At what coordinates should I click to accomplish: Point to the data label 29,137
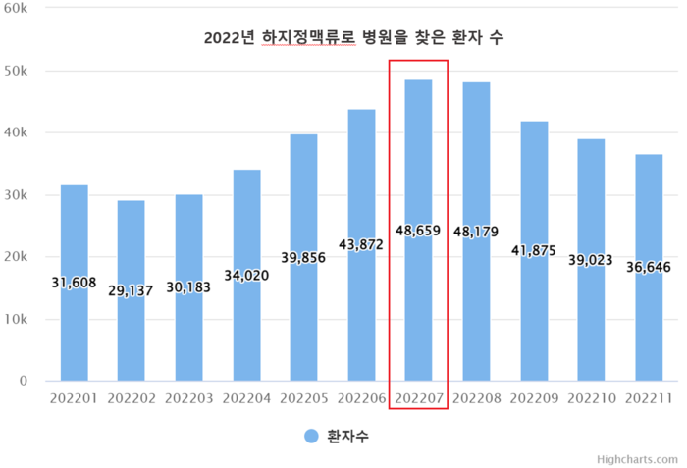click(132, 290)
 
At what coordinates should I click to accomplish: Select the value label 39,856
click(303, 257)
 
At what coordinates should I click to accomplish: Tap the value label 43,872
click(361, 244)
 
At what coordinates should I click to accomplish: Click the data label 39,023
click(591, 260)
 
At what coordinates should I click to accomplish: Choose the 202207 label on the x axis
click(419, 398)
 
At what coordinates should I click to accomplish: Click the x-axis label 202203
click(189, 398)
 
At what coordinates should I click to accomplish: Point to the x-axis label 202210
click(591, 398)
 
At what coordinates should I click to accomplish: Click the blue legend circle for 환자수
click(311, 436)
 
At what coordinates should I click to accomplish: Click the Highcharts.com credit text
click(637, 458)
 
